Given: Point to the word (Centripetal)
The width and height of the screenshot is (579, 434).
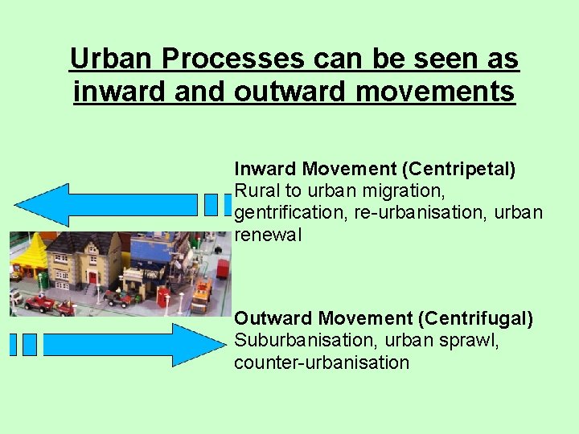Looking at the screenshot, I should (458, 169).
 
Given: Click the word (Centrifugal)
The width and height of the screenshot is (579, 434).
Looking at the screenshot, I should (475, 319).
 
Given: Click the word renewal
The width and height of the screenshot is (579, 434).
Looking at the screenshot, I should (268, 235).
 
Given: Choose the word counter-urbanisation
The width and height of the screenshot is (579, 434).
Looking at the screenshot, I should (322, 362).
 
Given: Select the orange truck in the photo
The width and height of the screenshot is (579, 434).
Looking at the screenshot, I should (201, 295).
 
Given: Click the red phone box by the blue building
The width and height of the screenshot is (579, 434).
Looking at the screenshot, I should (165, 298).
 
